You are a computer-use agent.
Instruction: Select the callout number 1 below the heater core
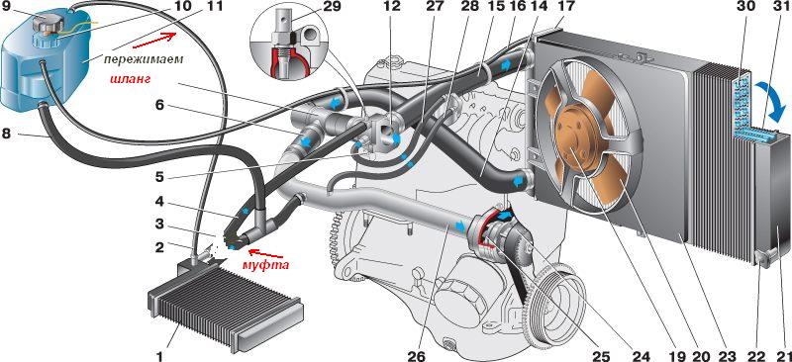pos(159,355)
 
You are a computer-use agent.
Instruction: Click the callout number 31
pos(781,8)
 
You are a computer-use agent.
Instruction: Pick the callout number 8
pos(7,136)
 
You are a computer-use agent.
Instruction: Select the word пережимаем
pos(143,58)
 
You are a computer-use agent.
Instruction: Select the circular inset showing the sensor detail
pos(291,46)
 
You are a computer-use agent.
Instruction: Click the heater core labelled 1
pos(226,307)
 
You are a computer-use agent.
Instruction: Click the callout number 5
pos(159,178)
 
